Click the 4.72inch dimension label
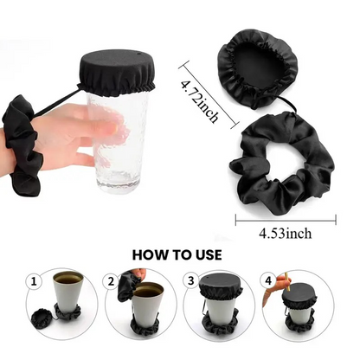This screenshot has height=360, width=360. [x=199, y=101]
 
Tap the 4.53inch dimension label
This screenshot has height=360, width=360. [x=286, y=234]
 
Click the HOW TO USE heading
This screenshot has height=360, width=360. [x=177, y=255]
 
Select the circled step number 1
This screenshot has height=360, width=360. [x=34, y=281]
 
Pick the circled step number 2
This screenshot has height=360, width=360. [x=111, y=281]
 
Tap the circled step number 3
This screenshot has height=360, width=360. [x=190, y=280]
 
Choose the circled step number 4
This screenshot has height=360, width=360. [x=268, y=280]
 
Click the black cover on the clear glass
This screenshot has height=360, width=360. [x=117, y=73]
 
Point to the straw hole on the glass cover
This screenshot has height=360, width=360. [x=138, y=55]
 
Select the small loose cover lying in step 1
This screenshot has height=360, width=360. [x=42, y=318]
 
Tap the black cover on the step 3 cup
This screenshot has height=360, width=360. [x=221, y=287]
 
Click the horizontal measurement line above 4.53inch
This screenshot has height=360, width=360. [x=286, y=222]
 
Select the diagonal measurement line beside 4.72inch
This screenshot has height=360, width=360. [x=209, y=94]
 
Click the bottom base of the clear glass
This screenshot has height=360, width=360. [x=119, y=183]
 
